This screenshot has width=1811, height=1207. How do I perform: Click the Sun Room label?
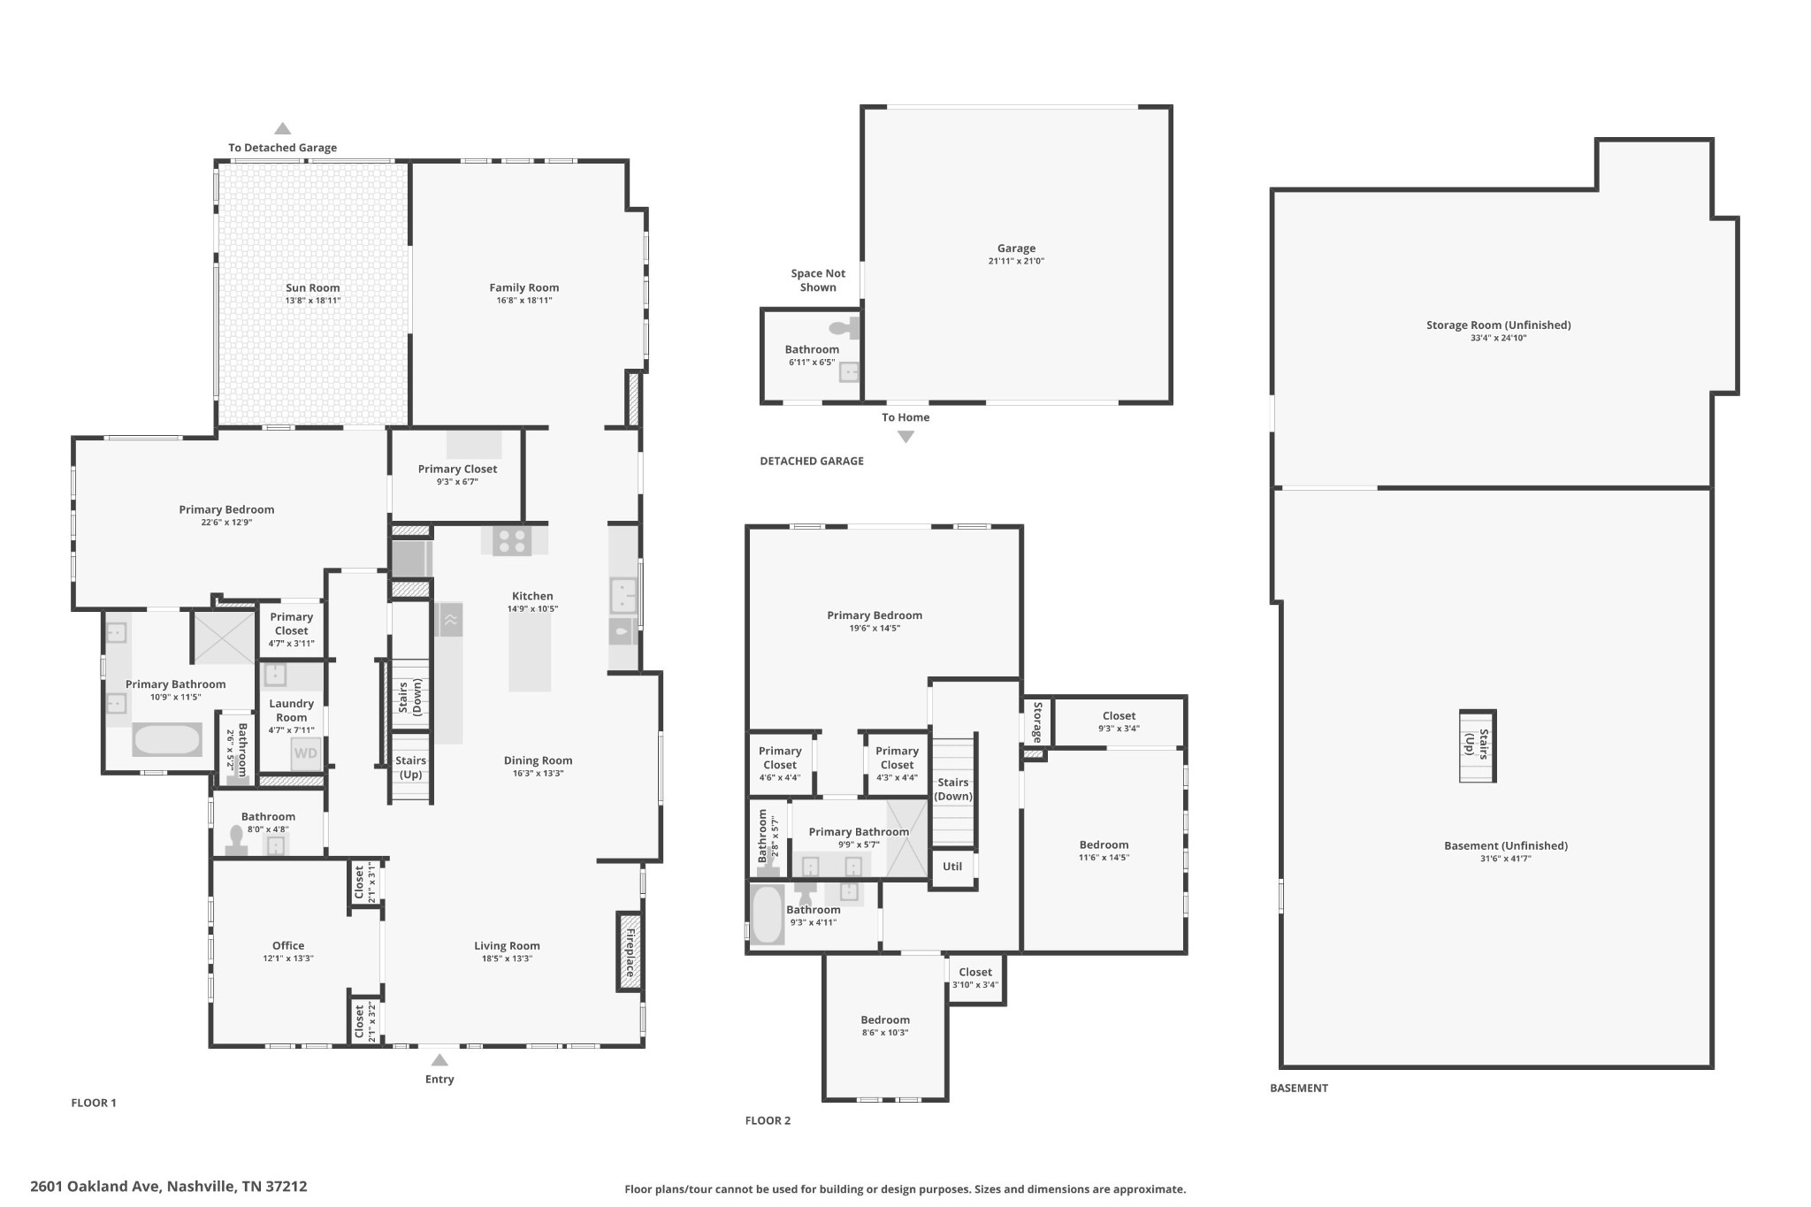click(x=312, y=287)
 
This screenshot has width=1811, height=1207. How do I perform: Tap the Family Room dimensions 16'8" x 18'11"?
click(x=523, y=301)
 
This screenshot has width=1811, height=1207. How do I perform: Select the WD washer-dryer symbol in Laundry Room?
click(x=305, y=754)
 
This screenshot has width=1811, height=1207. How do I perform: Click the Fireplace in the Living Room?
click(x=630, y=951)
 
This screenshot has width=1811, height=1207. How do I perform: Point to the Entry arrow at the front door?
click(x=439, y=1060)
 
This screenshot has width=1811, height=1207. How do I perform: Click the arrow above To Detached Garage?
click(x=282, y=128)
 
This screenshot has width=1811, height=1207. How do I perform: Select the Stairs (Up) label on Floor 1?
click(x=410, y=768)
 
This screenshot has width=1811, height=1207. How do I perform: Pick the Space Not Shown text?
click(x=818, y=280)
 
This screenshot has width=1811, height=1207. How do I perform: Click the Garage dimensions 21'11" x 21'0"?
click(x=1016, y=262)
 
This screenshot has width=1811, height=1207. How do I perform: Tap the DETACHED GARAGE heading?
click(x=812, y=461)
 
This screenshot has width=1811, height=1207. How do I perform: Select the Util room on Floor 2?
click(x=952, y=867)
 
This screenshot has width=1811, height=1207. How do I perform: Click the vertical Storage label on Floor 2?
click(x=1037, y=722)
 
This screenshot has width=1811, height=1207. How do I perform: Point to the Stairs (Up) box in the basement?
click(x=1477, y=745)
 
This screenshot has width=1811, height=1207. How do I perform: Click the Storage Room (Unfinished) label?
click(x=1498, y=325)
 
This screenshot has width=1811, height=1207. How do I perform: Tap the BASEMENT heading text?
click(x=1299, y=1089)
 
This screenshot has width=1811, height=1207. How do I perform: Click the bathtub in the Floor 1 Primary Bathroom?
click(x=167, y=739)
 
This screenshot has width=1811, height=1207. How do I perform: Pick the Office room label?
click(x=288, y=945)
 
